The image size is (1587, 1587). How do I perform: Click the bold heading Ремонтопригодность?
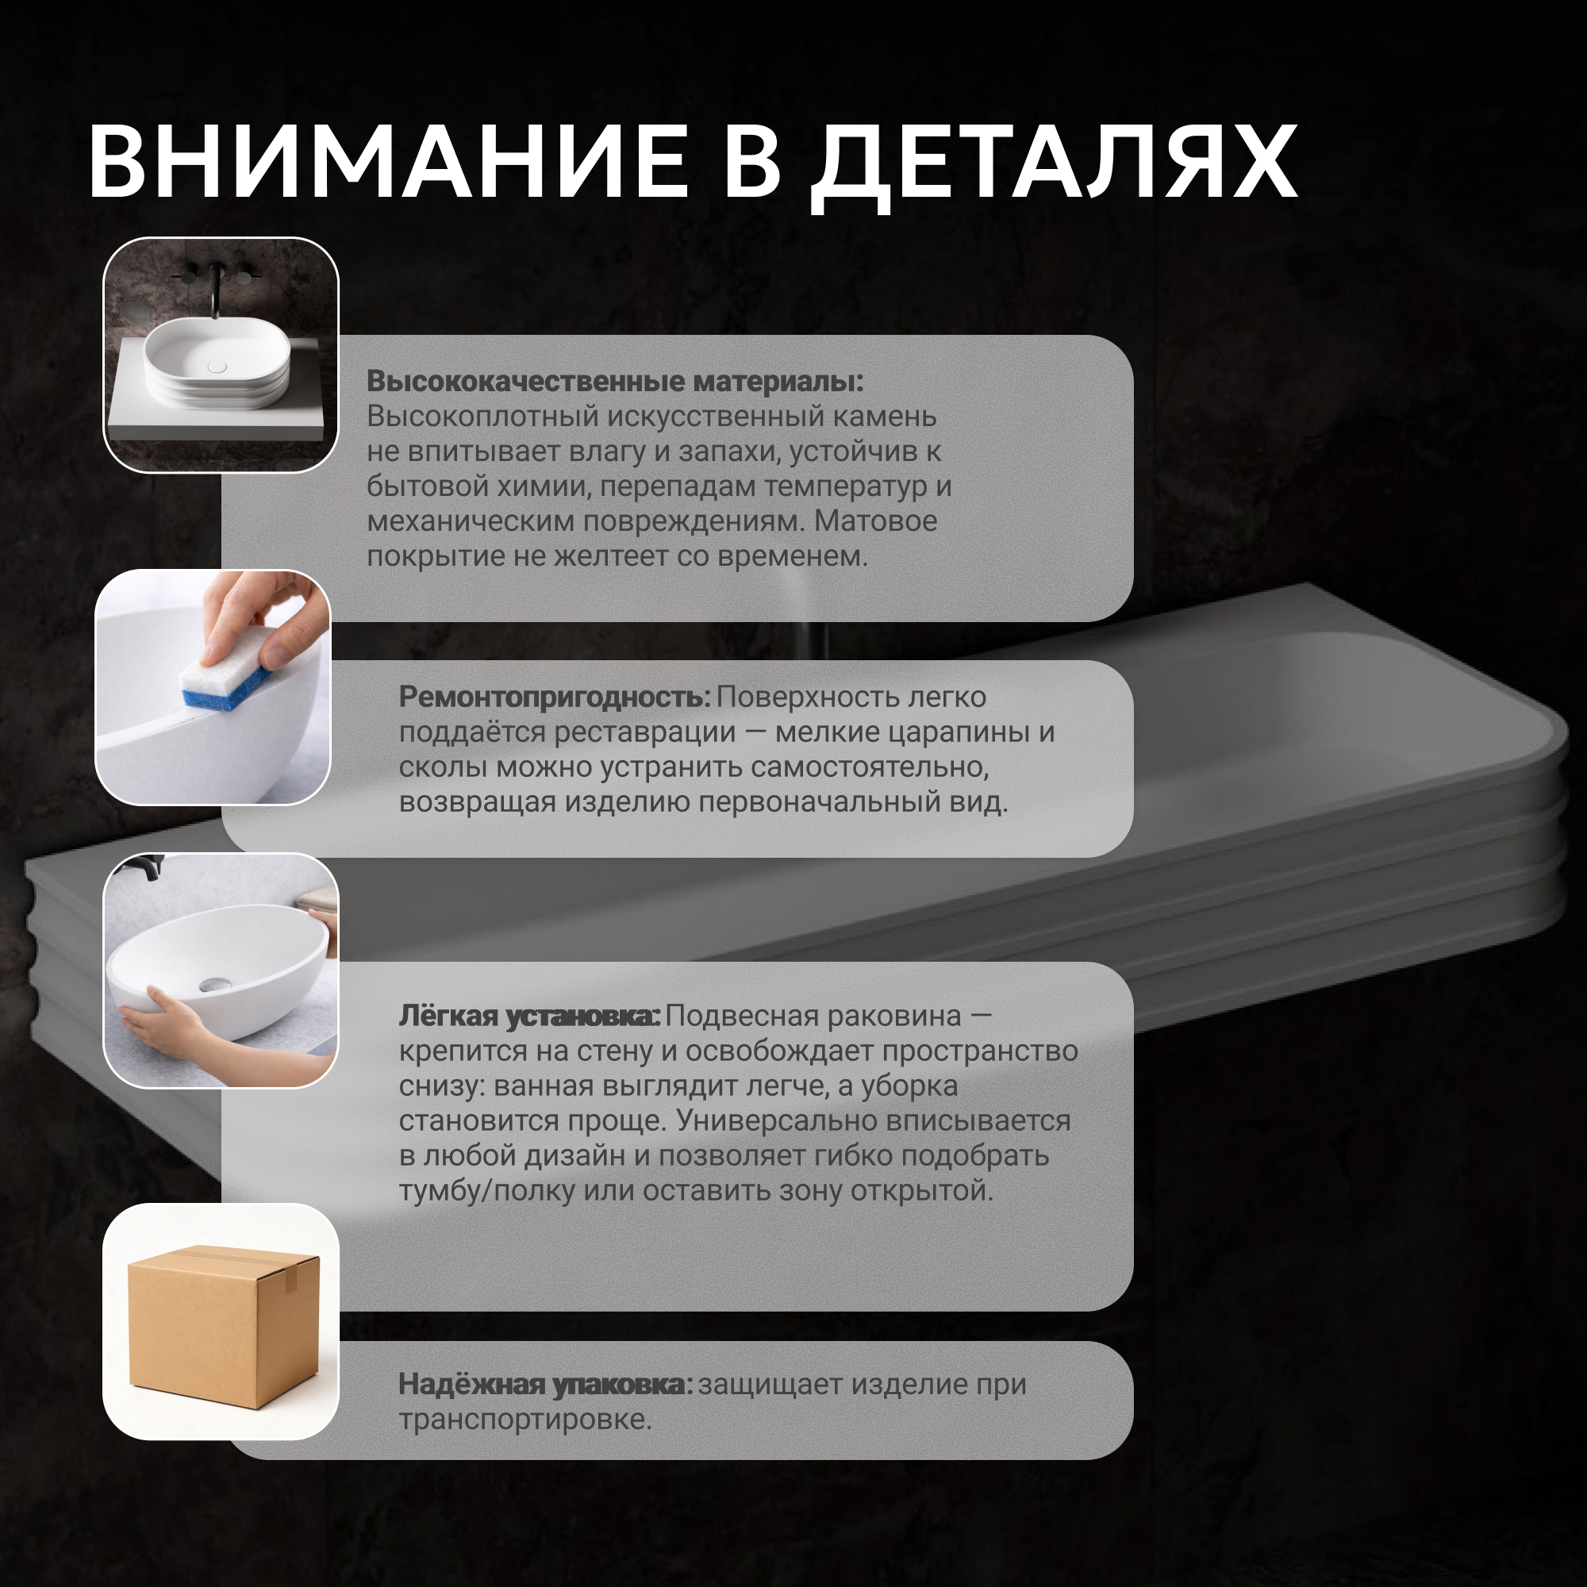[555, 697]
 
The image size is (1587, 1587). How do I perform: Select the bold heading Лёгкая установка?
[529, 1016]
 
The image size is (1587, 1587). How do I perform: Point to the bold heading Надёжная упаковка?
[545, 1384]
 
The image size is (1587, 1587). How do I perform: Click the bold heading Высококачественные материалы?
[615, 381]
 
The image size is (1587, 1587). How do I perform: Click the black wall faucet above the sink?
[215, 288]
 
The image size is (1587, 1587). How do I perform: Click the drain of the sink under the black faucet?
[217, 367]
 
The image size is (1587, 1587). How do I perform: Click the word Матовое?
[876, 521]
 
